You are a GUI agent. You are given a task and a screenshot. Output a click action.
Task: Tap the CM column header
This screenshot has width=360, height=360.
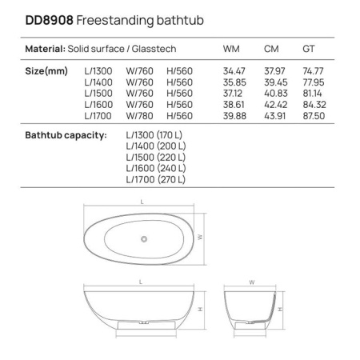point(271,49)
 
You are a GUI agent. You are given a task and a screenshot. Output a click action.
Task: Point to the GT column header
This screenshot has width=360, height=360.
point(308,49)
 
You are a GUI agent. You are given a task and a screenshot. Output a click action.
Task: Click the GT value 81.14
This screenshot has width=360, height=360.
point(314,92)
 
